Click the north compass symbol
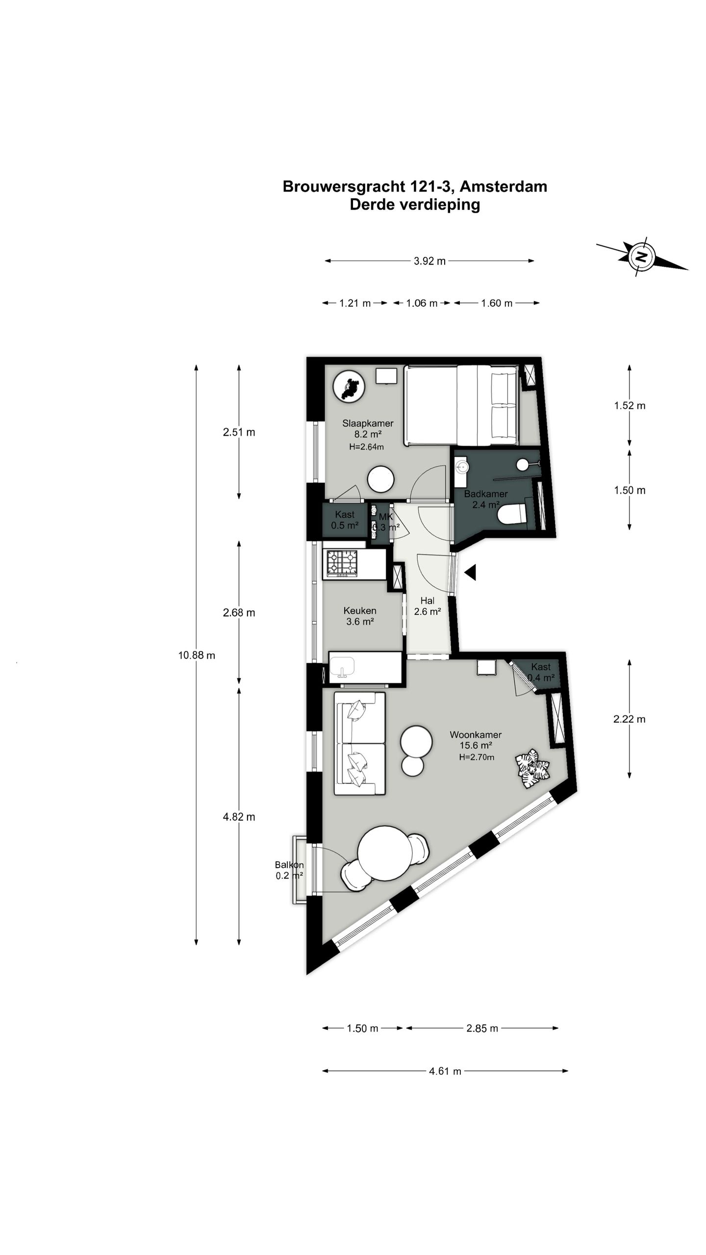640,256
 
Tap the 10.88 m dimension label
197,655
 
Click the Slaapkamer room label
368,423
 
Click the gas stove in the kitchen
342,562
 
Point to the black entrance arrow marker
470,572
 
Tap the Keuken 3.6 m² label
360,616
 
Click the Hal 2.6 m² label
427,606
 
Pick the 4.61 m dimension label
445,1071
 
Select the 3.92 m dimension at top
429,261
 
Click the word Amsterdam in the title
504,186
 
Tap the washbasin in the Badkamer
461,467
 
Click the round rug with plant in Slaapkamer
350,386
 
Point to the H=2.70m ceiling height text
476,757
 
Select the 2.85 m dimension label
482,1029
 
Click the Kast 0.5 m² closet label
345,520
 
